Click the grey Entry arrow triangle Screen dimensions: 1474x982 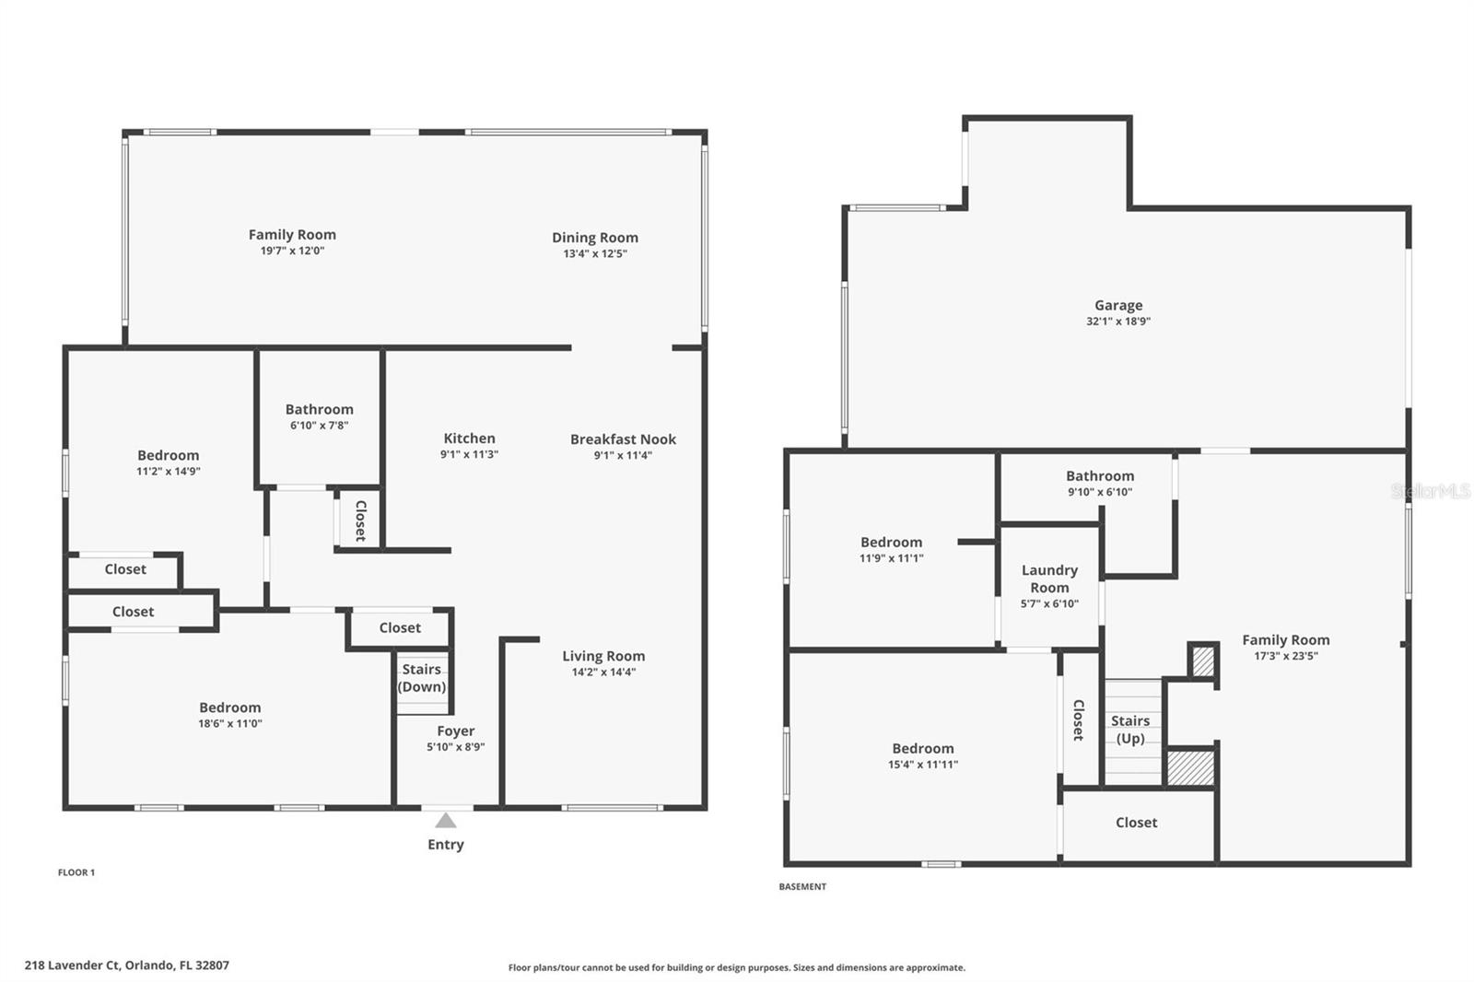point(446,820)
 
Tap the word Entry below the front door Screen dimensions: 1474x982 point(446,845)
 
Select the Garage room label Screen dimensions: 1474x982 point(1118,306)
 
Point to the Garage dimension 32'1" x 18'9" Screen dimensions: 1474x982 point(1118,321)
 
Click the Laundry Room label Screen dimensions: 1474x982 point(1049,579)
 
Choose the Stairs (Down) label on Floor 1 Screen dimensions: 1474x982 point(422,678)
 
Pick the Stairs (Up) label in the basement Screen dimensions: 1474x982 point(1129,730)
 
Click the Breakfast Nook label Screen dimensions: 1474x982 point(623,439)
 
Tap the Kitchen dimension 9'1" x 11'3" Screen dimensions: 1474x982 point(469,454)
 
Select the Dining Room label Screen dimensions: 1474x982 point(595,238)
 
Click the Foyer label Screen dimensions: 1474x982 point(455,731)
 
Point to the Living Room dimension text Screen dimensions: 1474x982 point(603,672)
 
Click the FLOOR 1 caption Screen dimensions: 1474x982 point(76,872)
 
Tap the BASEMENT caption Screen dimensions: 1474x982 point(802,886)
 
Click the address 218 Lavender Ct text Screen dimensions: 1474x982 point(73,964)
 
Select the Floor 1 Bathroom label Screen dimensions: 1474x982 point(319,409)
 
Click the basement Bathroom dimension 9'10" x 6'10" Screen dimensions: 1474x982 point(1100,492)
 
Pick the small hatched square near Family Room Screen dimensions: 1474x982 point(1203,661)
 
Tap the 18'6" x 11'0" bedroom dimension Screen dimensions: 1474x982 point(230,723)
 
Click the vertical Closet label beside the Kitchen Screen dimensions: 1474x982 point(360,520)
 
